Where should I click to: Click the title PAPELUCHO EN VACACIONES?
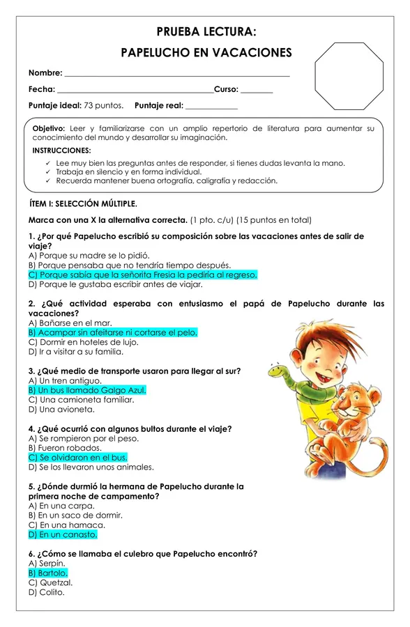206,53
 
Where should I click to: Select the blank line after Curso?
257,90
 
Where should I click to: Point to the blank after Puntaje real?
211,106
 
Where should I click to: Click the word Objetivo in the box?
49,129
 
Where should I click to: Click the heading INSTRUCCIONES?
61,150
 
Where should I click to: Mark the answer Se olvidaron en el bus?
78,458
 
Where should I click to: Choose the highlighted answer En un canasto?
63,534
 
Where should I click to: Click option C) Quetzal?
51,582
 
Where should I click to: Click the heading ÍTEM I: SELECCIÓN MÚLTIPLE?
83,204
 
